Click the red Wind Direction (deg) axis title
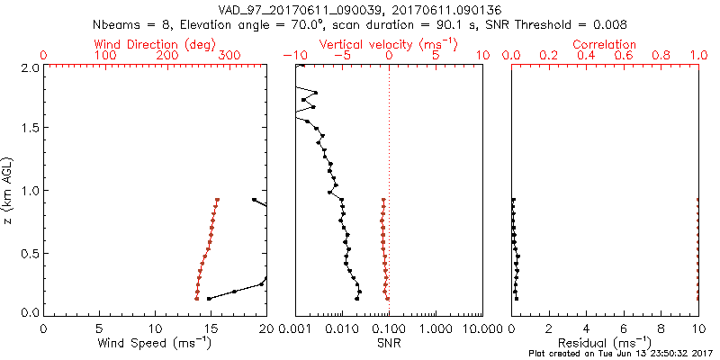(x=155, y=43)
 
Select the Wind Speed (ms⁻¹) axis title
(x=156, y=343)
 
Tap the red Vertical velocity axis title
(x=388, y=43)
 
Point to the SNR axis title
(x=388, y=343)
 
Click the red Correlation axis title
(x=605, y=43)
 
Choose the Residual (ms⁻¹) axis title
(x=605, y=343)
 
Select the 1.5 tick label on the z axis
(x=29, y=129)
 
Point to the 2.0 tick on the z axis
(x=29, y=67)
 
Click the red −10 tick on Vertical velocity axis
(x=295, y=56)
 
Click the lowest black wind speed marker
(x=210, y=299)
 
